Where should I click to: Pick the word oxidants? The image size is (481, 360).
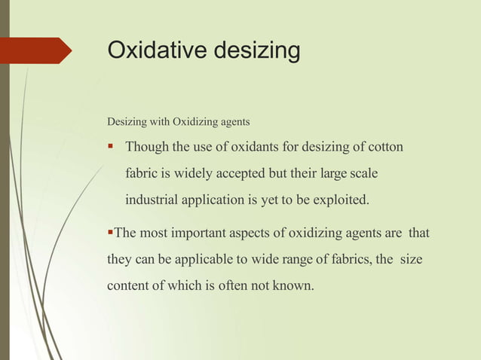coord(250,146)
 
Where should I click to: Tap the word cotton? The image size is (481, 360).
coord(384,146)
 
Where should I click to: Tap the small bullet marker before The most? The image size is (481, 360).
coord(110,233)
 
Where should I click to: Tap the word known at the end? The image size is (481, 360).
coord(293,287)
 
